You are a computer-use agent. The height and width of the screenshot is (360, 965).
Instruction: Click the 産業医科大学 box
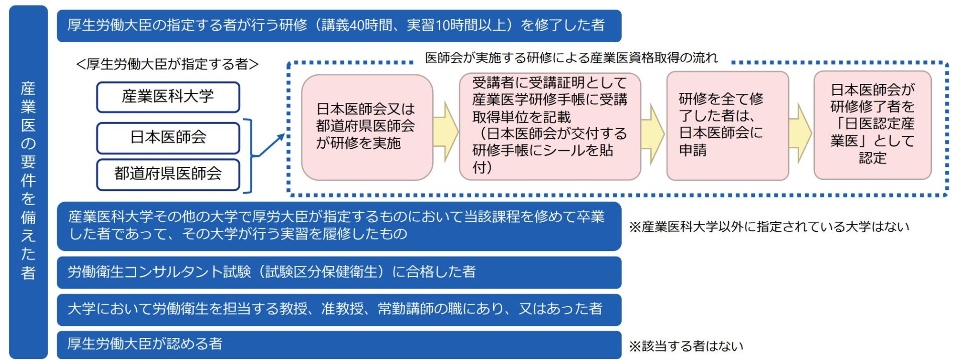click(168, 97)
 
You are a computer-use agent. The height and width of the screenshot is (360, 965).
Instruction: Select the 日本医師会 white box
click(168, 138)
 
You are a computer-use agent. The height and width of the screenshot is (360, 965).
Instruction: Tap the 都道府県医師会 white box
click(168, 174)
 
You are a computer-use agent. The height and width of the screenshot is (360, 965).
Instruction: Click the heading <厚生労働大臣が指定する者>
click(167, 64)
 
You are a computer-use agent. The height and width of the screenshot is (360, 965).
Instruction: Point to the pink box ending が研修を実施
click(366, 127)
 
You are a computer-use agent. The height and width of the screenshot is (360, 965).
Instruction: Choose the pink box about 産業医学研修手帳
click(549, 126)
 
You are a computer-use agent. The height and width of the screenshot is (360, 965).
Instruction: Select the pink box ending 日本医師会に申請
click(727, 126)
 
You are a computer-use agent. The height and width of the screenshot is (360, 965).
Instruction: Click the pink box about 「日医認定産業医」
click(872, 125)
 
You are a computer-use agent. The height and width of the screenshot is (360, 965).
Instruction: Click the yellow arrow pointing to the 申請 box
click(653, 133)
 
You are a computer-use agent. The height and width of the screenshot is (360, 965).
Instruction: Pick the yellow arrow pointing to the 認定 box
click(801, 133)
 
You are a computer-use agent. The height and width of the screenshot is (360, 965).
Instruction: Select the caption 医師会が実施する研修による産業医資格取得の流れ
click(571, 58)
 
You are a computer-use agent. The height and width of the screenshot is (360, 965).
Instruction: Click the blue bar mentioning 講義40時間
click(339, 26)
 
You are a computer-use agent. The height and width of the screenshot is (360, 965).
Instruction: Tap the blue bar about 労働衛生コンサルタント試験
click(339, 272)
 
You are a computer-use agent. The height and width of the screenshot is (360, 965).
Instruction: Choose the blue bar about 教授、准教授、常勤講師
click(339, 309)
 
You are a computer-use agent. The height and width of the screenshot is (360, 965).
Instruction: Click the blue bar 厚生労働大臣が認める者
click(339, 344)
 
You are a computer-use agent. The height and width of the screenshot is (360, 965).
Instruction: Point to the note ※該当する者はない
click(686, 346)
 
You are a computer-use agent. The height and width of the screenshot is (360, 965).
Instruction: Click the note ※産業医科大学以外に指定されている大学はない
click(769, 227)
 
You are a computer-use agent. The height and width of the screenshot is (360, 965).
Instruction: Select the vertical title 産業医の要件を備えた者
click(28, 181)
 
